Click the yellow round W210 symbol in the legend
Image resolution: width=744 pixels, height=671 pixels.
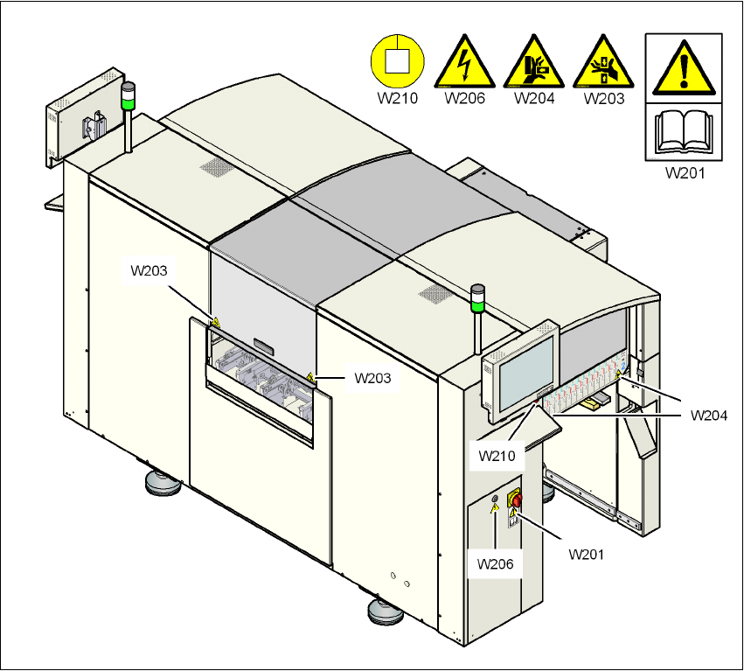tap(397, 61)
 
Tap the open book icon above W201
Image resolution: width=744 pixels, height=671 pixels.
tap(684, 131)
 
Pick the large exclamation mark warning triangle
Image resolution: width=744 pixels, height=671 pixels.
tap(684, 68)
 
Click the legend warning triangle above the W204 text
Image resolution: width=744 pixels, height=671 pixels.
tap(534, 62)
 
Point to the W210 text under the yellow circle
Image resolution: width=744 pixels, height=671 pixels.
tap(397, 98)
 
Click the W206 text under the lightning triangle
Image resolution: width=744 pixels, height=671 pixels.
tap(465, 98)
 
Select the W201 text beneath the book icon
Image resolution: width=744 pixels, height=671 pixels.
tap(685, 172)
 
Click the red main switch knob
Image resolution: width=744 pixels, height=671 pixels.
tap(516, 500)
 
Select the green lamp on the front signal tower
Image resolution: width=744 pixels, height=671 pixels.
tap(477, 305)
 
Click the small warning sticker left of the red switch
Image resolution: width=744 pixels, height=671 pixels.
tap(495, 507)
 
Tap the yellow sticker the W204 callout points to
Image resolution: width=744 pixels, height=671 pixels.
tap(619, 375)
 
